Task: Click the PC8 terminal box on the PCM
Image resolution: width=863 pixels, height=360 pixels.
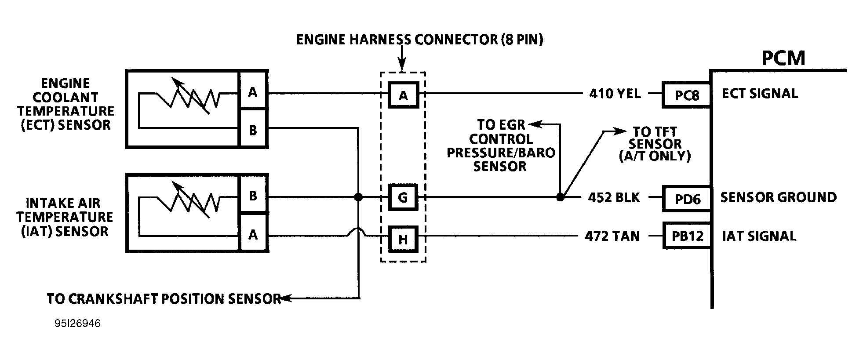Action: [686, 95]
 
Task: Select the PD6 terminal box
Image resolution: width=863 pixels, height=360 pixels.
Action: [687, 198]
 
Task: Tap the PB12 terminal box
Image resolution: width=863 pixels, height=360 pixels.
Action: [687, 236]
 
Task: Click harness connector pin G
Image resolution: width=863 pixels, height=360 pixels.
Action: [403, 197]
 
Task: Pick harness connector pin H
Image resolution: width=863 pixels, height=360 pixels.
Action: [403, 239]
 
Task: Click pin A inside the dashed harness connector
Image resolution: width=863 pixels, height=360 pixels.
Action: [403, 95]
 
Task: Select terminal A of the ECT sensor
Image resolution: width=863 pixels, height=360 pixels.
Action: [253, 92]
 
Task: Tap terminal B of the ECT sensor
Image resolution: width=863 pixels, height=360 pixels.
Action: [253, 130]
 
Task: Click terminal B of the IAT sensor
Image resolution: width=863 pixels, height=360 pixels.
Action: [253, 196]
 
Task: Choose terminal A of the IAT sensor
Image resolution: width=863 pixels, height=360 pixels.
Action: [253, 235]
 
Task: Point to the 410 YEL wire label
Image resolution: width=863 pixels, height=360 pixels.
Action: [615, 94]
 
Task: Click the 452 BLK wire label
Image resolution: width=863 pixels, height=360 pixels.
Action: [614, 197]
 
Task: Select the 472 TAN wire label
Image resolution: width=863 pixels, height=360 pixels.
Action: [612, 236]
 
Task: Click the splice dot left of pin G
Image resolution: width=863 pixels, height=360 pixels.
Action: [358, 197]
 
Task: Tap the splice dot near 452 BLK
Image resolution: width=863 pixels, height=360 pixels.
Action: [560, 197]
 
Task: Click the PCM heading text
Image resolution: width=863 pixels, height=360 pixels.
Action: [783, 58]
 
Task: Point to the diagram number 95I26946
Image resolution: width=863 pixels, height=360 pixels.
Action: [77, 324]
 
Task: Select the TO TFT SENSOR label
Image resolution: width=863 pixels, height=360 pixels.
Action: [655, 144]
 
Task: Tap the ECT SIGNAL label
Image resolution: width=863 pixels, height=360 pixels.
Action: [760, 94]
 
